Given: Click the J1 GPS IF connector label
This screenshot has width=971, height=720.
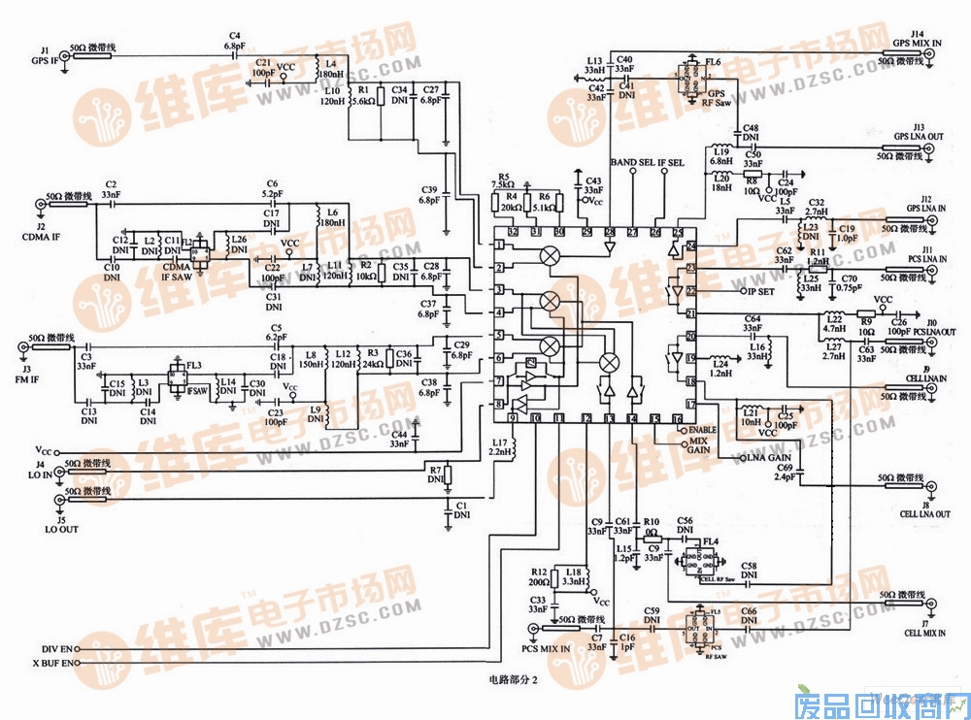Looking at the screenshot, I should pyautogui.click(x=45, y=55).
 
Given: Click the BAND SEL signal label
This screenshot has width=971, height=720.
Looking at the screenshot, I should pyautogui.click(x=631, y=162).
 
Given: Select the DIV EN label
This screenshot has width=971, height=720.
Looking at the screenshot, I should pyautogui.click(x=58, y=648).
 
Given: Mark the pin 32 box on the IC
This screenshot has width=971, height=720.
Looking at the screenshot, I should pyautogui.click(x=512, y=231).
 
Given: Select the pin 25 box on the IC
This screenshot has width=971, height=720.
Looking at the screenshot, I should pyautogui.click(x=679, y=231).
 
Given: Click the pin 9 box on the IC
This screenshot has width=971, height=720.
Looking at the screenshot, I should pyautogui.click(x=512, y=418).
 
